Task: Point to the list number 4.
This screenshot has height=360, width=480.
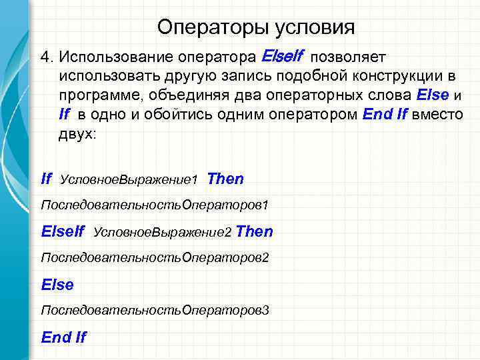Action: (46, 55)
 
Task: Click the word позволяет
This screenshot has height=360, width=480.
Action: (353, 55)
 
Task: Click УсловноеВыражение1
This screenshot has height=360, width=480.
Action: (129, 180)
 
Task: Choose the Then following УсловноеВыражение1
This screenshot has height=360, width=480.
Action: (225, 179)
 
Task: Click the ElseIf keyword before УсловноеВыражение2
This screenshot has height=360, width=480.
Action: (63, 231)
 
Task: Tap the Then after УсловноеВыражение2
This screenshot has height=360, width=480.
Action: (254, 231)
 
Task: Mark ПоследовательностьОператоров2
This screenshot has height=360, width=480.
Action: (155, 256)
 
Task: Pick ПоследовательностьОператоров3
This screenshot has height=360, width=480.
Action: (155, 310)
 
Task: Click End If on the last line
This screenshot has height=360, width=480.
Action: (63, 337)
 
